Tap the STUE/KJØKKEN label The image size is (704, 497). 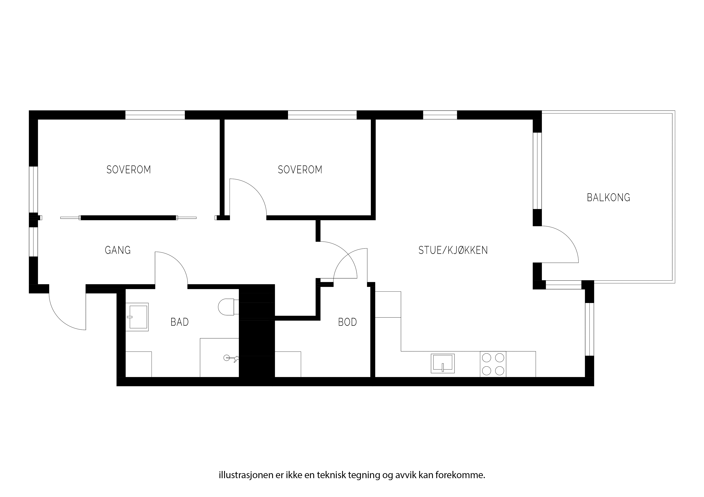point(453,251)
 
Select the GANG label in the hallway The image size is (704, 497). point(118,251)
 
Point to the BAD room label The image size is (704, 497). point(179,322)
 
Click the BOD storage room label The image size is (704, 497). point(347,322)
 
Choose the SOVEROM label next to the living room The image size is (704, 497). point(300,170)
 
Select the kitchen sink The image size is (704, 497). point(443,364)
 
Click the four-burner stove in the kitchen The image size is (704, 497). point(493,364)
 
